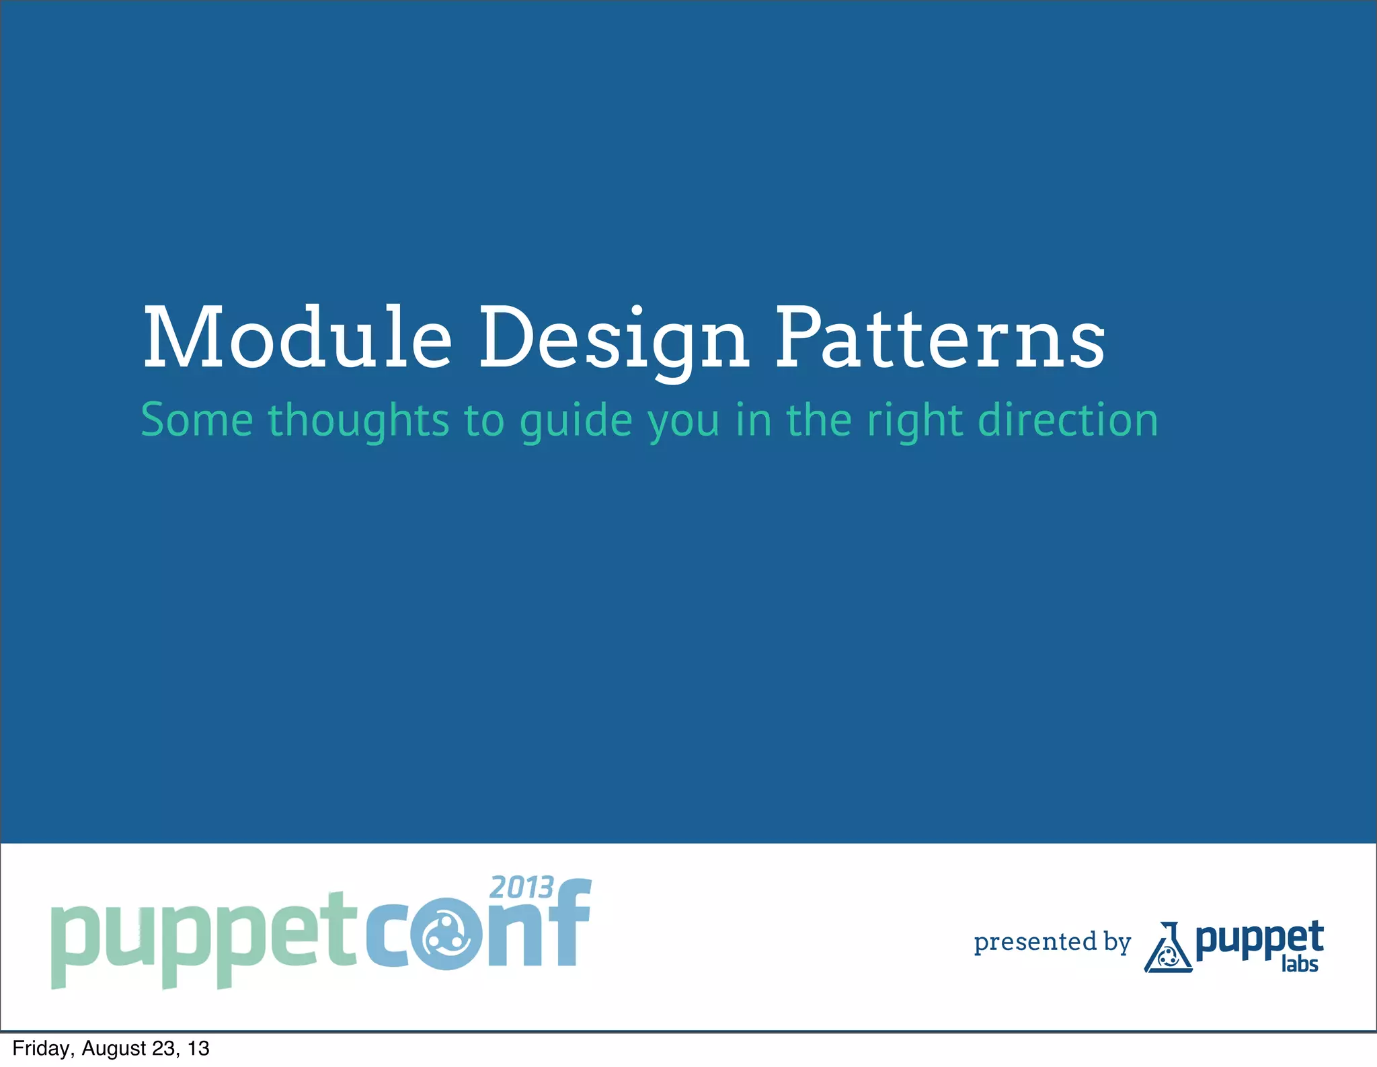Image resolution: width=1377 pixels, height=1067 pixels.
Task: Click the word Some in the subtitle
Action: [x=197, y=420]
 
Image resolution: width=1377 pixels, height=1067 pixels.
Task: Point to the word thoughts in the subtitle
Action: [x=358, y=420]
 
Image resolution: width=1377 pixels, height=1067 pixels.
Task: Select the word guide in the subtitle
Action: [x=577, y=422]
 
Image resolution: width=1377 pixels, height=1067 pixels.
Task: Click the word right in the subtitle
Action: [x=916, y=422]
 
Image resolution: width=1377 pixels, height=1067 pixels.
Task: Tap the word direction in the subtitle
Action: [x=1068, y=420]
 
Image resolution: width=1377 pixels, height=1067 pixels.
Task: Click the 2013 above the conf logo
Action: [x=522, y=887]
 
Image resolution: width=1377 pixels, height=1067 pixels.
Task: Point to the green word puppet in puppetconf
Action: [x=203, y=938]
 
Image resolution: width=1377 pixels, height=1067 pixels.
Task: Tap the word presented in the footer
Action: [x=1035, y=942]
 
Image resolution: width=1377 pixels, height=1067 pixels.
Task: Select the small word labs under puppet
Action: [x=1299, y=964]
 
